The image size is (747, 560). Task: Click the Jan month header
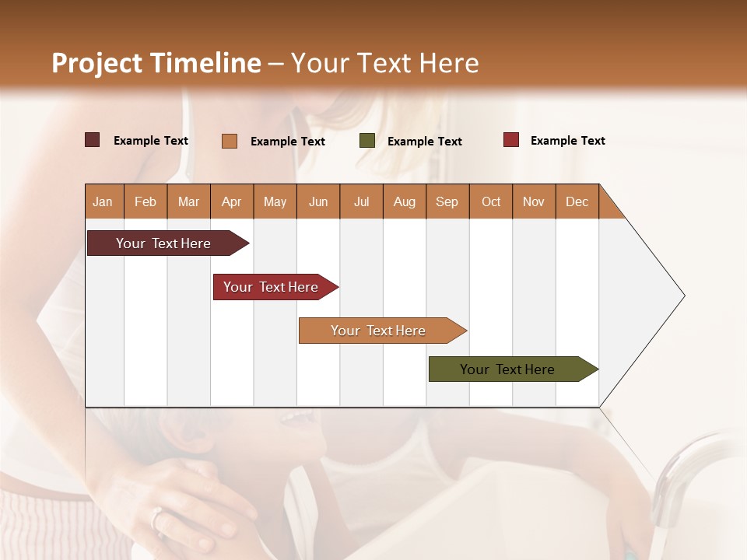(x=103, y=201)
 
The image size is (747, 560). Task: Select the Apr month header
(x=231, y=201)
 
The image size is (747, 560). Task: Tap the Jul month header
(x=361, y=201)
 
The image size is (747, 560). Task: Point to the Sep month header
(x=447, y=201)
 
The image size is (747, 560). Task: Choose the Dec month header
(x=577, y=201)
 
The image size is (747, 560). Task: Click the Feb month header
(x=146, y=201)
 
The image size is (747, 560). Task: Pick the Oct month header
(x=491, y=201)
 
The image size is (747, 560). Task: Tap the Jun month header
(x=318, y=201)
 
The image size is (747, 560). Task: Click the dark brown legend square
(x=92, y=140)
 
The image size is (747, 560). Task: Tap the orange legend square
(x=230, y=141)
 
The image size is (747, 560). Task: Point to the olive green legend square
(x=367, y=141)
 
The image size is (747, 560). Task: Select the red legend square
(x=510, y=140)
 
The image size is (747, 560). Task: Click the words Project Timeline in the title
(x=156, y=63)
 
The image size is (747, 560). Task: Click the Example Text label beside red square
(x=567, y=141)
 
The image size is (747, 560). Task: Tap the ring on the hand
(x=157, y=518)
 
